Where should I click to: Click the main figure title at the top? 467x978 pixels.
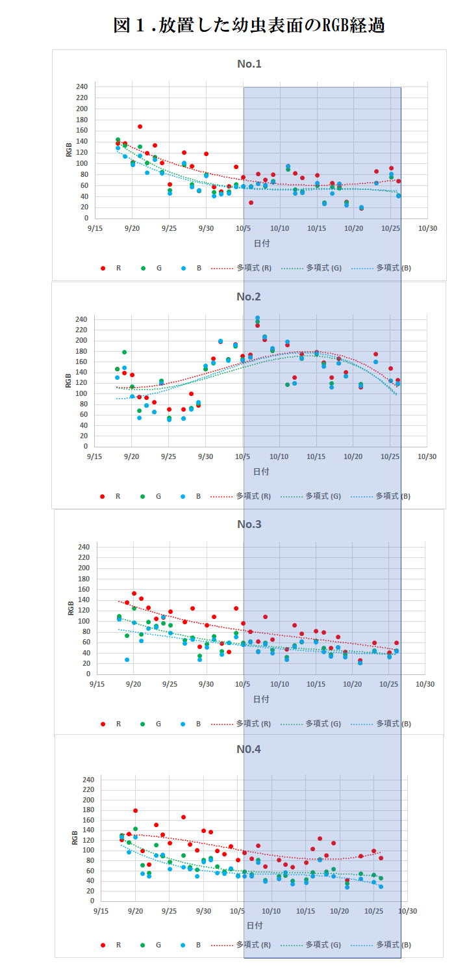point(249,25)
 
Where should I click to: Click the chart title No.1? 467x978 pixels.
point(249,64)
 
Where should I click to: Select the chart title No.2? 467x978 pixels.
point(248,297)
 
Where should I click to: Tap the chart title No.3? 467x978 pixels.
point(249,524)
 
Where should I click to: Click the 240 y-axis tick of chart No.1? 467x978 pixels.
point(82,86)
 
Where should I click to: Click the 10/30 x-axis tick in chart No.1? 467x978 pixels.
point(427,228)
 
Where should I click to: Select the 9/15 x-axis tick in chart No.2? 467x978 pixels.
point(95,456)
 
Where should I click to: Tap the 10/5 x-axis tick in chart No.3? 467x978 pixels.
point(244,684)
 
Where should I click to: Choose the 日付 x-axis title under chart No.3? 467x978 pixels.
point(261,698)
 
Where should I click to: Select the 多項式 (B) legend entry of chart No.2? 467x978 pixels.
point(393,496)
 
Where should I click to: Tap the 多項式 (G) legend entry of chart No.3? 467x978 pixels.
point(323,724)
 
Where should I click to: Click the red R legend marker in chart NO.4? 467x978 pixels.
point(103,945)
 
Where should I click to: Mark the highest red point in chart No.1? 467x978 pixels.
point(140,127)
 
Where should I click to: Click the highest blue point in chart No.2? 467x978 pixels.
point(257,319)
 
